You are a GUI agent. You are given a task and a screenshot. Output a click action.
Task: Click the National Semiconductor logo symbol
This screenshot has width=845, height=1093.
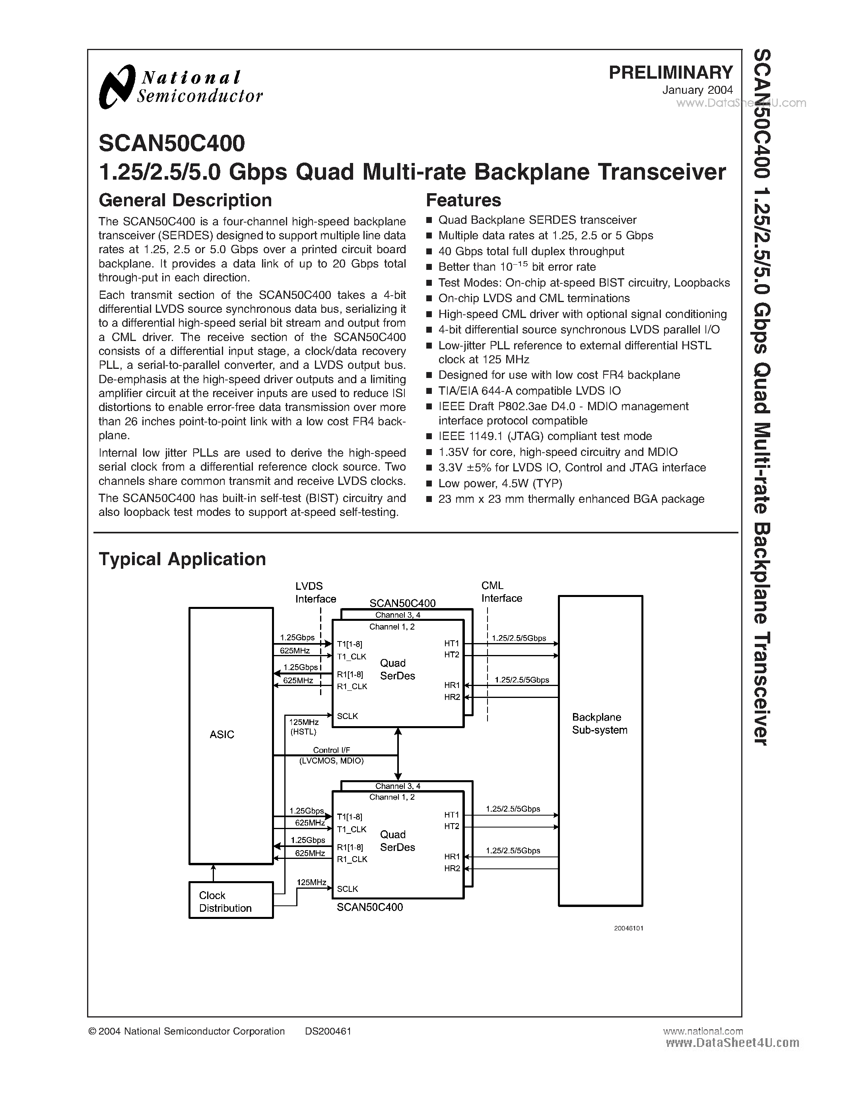(117, 87)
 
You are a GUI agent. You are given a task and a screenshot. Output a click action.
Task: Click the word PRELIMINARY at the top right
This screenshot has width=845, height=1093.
(670, 73)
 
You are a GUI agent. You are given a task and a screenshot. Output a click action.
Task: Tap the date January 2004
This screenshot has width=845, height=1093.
(697, 91)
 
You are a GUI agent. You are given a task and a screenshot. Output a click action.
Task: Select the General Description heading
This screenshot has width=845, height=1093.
(185, 200)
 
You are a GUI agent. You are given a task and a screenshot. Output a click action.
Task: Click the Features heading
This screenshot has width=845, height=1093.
(463, 200)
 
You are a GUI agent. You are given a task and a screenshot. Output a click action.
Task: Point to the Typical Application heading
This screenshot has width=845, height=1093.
(182, 559)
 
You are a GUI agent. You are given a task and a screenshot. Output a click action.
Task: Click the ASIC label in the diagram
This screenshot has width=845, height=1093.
(222, 734)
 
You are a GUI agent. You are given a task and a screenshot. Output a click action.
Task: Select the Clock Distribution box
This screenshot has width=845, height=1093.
(231, 902)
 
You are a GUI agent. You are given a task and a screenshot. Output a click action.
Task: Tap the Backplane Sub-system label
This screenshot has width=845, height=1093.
(600, 724)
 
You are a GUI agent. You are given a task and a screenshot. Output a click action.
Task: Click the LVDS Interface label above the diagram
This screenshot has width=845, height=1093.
(315, 593)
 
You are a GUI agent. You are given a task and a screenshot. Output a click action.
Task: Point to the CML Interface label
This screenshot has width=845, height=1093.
(501, 592)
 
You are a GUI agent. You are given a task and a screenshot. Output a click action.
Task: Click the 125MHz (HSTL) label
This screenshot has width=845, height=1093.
(304, 727)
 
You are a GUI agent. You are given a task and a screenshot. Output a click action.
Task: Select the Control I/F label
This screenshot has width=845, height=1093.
(331, 750)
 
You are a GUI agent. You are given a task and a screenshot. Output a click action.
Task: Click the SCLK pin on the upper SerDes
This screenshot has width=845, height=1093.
(348, 716)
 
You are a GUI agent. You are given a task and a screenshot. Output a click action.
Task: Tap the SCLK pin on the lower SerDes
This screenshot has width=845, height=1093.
(348, 889)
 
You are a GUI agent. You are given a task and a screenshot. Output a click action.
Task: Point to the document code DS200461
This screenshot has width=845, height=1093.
(328, 1031)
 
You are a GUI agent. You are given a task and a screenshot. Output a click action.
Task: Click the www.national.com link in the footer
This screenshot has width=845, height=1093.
(702, 1031)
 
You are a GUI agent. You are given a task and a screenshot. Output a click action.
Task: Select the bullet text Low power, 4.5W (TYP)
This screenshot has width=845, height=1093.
(500, 483)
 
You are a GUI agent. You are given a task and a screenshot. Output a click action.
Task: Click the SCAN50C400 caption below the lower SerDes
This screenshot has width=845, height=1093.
(369, 907)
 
